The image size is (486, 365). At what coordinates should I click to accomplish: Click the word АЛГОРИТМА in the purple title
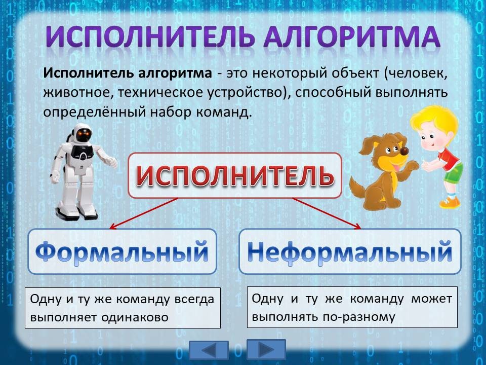coord(352,36)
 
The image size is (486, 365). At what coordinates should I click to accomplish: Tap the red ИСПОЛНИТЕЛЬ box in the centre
coord(235,175)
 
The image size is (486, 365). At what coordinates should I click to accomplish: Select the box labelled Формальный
coord(122,251)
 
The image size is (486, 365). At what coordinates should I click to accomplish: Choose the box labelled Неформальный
coord(350,251)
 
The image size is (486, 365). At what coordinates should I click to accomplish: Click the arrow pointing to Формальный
coord(144,213)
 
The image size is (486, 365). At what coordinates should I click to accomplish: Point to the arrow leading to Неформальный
coord(327,213)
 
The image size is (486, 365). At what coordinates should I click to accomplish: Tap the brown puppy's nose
coord(404,151)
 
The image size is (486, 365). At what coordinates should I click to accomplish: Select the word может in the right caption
coord(431,299)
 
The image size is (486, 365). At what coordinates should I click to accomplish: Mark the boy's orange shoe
coord(450,203)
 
